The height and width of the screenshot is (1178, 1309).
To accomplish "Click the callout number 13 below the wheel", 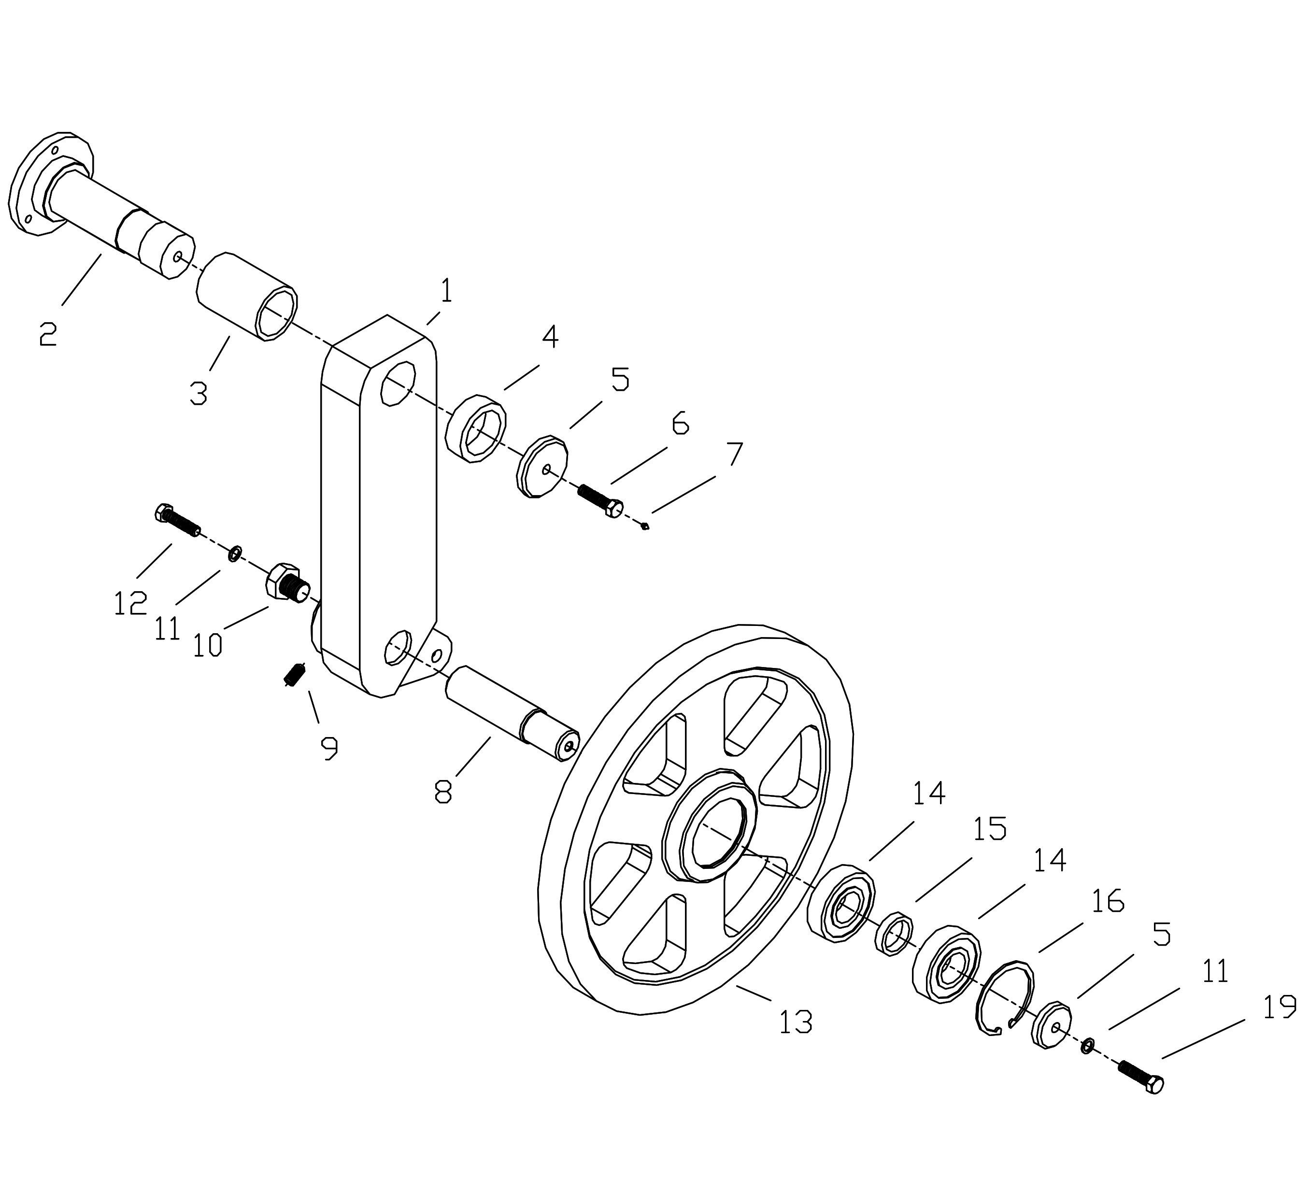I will [x=795, y=1022].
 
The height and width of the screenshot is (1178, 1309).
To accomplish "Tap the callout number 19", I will [x=1279, y=1007].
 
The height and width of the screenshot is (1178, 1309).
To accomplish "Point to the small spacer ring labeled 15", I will [x=894, y=933].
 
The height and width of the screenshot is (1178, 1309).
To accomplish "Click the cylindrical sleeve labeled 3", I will [x=246, y=296].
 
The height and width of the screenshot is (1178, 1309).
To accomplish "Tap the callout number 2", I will [x=48, y=333].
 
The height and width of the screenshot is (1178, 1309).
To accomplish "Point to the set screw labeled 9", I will [x=295, y=676].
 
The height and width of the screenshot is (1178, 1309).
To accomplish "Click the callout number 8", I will [x=443, y=792].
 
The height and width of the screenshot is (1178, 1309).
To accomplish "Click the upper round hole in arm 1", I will [x=398, y=384].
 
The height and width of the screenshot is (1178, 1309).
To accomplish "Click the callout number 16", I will [x=1108, y=900].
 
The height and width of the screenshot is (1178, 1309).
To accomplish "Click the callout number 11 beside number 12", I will [x=167, y=627].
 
